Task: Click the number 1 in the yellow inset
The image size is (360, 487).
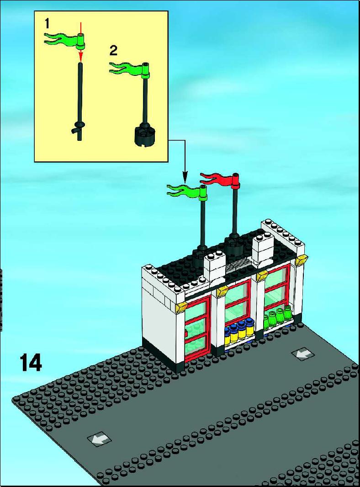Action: coord(47,24)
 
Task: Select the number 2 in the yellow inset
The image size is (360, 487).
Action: coord(114,50)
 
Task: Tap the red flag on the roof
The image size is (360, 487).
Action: coord(220,180)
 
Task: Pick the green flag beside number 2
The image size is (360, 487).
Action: coord(129,69)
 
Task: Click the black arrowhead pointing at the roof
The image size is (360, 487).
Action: coord(185,178)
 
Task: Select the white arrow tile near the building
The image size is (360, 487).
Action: coord(302,354)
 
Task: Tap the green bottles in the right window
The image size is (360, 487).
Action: coord(277,317)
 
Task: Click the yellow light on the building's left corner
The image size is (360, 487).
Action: coord(181,307)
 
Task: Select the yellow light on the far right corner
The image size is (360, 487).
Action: coord(302,259)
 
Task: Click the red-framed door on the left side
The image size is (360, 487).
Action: coord(197,328)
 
